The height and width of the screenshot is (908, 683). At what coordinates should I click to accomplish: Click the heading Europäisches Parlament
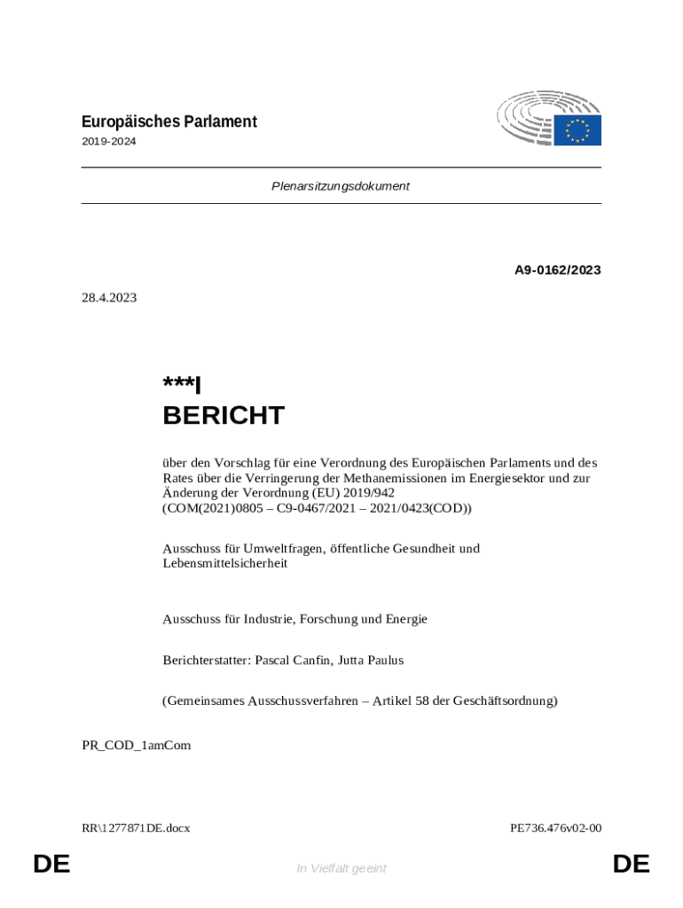coord(169,121)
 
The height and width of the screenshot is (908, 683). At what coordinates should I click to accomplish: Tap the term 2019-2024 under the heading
coord(109,141)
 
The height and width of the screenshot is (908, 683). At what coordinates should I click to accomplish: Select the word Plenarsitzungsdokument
coord(341,186)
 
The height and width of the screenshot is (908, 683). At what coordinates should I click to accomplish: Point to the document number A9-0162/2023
coord(558,270)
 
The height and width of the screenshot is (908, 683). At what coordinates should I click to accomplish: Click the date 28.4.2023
coord(109,298)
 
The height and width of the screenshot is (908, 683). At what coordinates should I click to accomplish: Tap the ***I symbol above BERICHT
coord(182,384)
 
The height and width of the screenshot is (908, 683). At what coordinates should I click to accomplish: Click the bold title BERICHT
coord(224,415)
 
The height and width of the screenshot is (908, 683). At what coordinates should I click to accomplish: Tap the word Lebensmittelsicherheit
coord(224,563)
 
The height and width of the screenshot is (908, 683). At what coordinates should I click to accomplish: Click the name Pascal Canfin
coord(293,660)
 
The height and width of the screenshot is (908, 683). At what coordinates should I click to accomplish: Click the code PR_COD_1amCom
coord(136,745)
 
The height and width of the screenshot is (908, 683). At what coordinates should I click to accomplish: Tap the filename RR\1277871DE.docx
coord(136,828)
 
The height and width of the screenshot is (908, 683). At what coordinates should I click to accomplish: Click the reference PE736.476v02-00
coord(555,828)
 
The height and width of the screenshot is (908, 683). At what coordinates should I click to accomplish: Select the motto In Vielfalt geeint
coord(341,868)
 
